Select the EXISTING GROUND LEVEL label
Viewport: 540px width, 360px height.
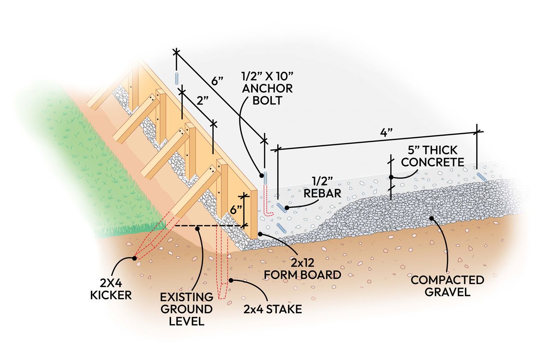(x=188, y=309)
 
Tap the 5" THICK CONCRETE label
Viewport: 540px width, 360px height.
(x=432, y=156)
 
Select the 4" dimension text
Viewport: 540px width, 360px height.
(x=386, y=133)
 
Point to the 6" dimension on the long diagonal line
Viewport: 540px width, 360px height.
(x=217, y=83)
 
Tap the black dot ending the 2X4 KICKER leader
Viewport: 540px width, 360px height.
(x=134, y=258)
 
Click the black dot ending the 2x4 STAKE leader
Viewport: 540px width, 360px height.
(x=231, y=280)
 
